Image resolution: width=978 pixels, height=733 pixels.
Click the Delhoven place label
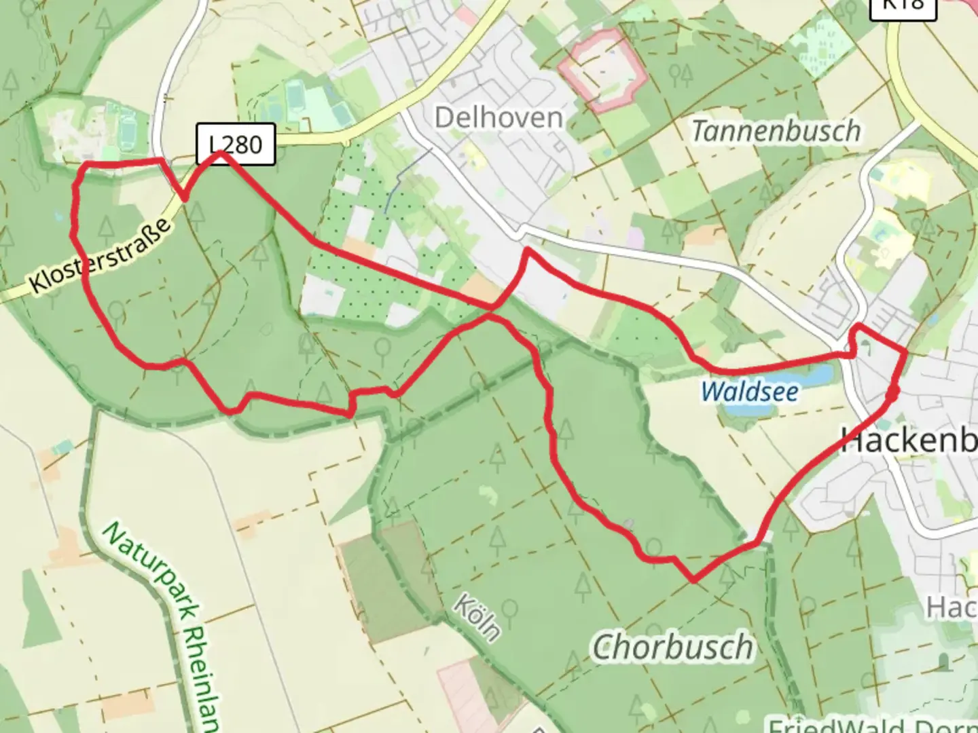(x=499, y=118)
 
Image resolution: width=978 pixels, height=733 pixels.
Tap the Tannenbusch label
(x=776, y=130)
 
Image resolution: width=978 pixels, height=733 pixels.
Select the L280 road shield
(x=236, y=144)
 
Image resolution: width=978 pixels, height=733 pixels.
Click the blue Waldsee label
(x=750, y=392)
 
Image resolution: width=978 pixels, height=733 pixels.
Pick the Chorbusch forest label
(x=673, y=647)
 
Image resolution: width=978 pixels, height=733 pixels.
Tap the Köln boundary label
(x=477, y=618)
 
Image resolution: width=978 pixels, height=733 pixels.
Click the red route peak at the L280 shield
(x=220, y=155)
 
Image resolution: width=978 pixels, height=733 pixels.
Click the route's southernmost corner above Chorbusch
(x=693, y=580)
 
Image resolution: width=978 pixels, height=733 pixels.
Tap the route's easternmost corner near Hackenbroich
(x=905, y=352)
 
